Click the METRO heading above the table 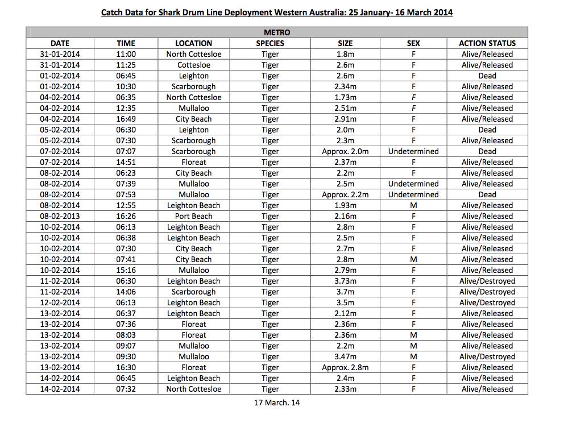[277, 32]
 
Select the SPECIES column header [270, 43]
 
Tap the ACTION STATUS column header [487, 43]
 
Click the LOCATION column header [193, 43]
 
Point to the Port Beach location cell [193, 216]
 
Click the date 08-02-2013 [60, 216]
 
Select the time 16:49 [126, 119]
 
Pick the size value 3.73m [345, 281]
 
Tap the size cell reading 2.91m [345, 119]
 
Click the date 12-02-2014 [60, 302]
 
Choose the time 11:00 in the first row [126, 54]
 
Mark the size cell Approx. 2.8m [345, 367]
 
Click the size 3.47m [345, 356]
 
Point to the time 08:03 [126, 335]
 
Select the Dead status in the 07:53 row [487, 194]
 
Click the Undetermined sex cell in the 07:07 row [413, 151]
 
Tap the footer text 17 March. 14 [277, 403]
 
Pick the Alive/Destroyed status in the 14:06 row [487, 292]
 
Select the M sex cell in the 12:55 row [413, 205]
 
